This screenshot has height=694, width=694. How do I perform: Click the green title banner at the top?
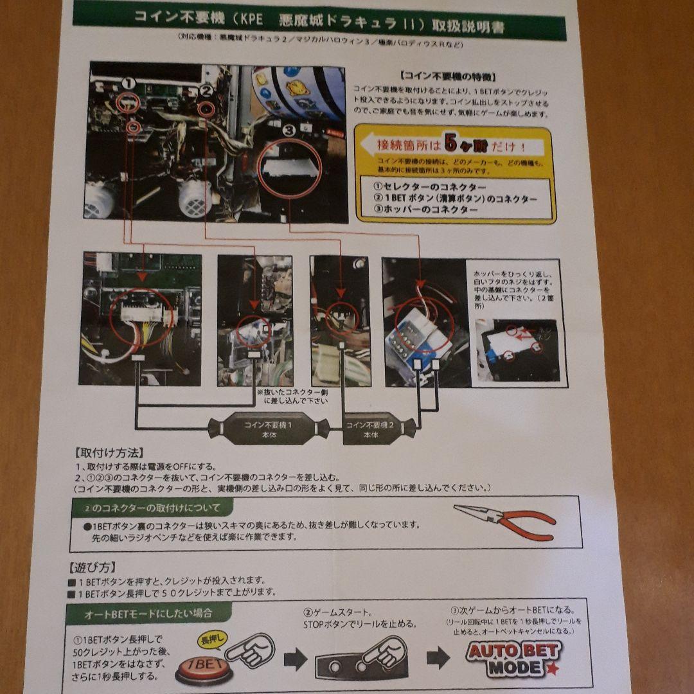(319, 22)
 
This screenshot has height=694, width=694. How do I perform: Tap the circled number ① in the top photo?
(129, 84)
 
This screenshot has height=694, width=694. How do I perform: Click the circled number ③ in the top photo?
(289, 130)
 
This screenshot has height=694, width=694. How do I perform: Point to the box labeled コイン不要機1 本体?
(269, 429)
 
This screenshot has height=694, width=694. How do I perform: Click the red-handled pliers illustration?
(505, 520)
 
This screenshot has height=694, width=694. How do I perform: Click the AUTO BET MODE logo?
(513, 658)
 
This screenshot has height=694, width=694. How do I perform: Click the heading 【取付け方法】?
(109, 452)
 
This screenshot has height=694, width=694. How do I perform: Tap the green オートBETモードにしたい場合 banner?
(149, 614)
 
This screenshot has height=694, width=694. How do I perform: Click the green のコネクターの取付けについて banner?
(154, 508)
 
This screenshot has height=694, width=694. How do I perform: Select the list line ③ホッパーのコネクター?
(425, 210)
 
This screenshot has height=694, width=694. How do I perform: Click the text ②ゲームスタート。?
(337, 612)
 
